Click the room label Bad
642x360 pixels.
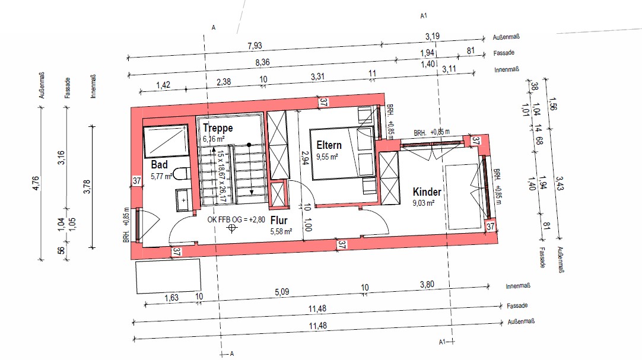(159, 164)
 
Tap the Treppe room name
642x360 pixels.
(218, 128)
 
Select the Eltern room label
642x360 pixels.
(329, 145)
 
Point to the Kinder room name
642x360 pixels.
(427, 192)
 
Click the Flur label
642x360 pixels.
(279, 221)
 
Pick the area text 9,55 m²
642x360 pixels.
(327, 157)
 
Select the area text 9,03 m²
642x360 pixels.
(424, 203)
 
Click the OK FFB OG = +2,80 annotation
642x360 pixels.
(236, 219)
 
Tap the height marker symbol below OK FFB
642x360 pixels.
(232, 228)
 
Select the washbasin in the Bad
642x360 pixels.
(183, 200)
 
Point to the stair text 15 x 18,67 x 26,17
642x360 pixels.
(221, 176)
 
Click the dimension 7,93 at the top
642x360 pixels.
(255, 46)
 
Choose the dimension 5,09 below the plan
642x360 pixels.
(282, 292)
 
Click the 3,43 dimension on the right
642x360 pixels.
(560, 183)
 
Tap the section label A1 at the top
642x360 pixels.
(424, 15)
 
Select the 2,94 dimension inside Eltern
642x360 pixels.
(304, 158)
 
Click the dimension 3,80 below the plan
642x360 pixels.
(427, 284)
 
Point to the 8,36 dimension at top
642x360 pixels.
(262, 62)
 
